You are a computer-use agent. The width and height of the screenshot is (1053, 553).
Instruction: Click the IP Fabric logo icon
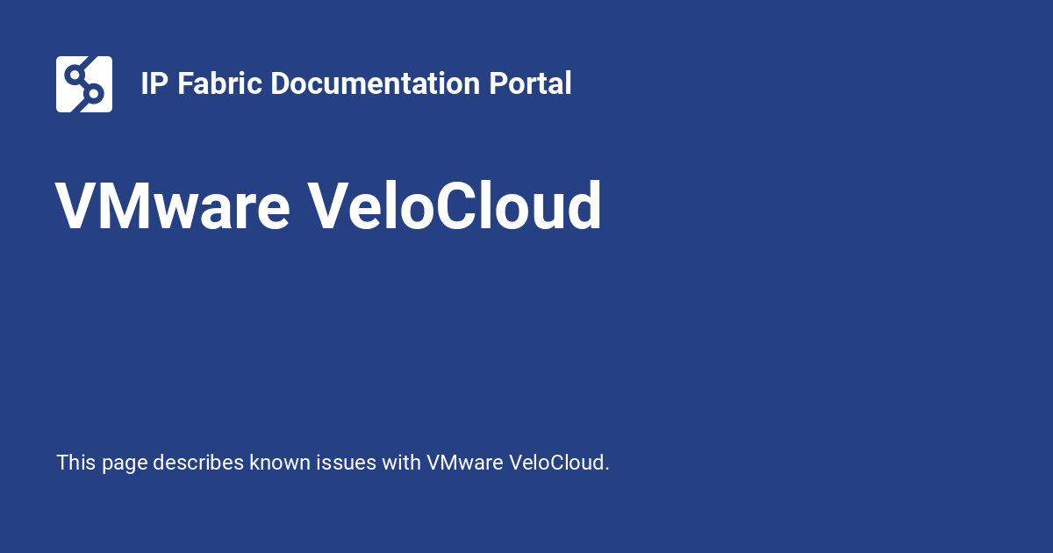tap(84, 84)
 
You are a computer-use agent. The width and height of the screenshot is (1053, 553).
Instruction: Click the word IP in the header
tap(154, 84)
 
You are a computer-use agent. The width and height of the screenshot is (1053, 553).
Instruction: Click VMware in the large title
tap(173, 207)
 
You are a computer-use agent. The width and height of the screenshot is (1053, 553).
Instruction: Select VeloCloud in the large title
tap(455, 207)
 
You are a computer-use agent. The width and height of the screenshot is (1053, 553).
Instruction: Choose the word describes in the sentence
tap(198, 463)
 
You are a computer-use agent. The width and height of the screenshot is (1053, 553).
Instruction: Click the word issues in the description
tap(347, 463)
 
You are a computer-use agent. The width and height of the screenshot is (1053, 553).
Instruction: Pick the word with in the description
tap(401, 463)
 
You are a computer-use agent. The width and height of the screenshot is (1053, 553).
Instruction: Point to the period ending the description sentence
tap(607, 469)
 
